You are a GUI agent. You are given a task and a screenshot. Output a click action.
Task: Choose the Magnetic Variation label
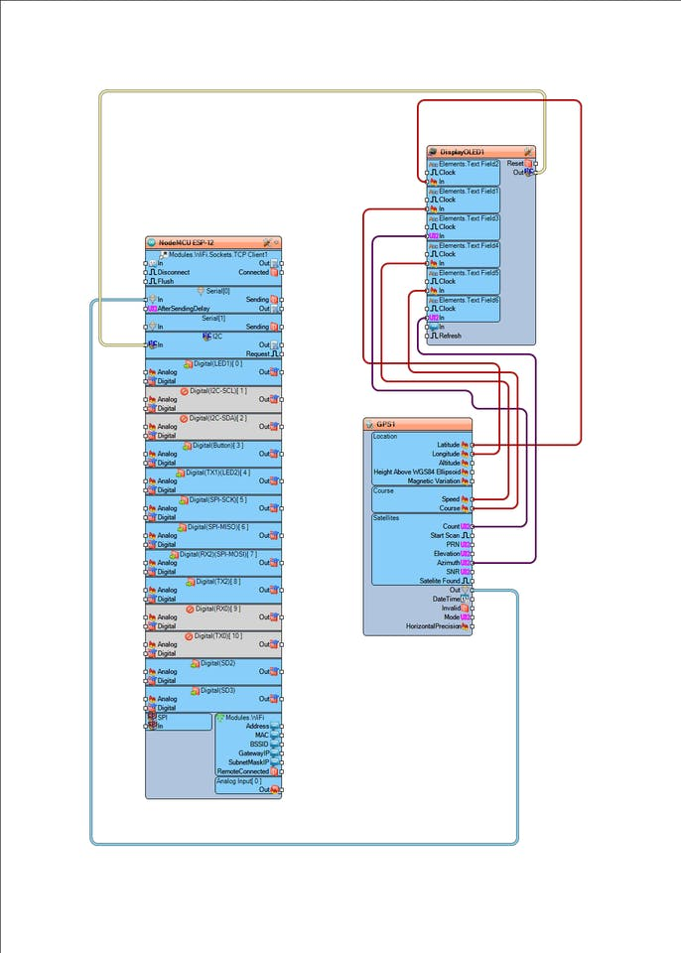(x=434, y=480)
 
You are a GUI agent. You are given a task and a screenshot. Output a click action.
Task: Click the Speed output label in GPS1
(x=451, y=499)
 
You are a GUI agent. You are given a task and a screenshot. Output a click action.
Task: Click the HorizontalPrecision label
(x=434, y=626)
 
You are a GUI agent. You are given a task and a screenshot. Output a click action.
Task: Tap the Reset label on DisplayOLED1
(x=515, y=164)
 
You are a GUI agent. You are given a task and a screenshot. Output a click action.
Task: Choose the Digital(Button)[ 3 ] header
(x=215, y=446)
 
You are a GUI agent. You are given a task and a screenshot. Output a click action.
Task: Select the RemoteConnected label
(x=242, y=771)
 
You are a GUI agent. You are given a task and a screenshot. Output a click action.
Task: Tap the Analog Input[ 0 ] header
(x=239, y=781)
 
